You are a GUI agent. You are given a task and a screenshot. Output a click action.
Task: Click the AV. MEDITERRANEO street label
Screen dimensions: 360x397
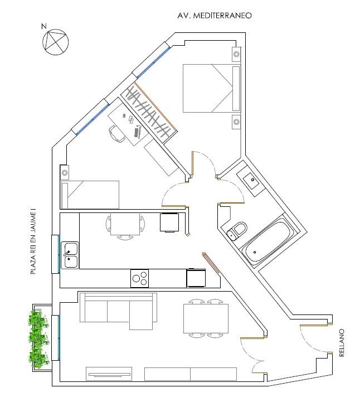click(x=215, y=16)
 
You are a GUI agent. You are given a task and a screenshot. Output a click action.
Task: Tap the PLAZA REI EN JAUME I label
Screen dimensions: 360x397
click(x=33, y=241)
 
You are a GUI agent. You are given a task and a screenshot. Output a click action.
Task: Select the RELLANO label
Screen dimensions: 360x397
click(x=342, y=343)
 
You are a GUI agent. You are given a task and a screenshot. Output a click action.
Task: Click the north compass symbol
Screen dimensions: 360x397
click(x=55, y=41)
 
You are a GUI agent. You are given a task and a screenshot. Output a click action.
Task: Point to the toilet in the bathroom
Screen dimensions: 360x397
click(x=237, y=231)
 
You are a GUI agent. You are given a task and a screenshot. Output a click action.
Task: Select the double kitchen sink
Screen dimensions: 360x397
click(x=70, y=255)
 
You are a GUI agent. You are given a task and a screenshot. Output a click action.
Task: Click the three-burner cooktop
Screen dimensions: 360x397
click(x=139, y=278)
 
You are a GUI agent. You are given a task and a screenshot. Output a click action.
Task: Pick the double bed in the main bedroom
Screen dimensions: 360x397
click(x=211, y=88)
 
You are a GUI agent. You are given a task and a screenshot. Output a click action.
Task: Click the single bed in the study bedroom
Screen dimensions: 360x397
click(x=90, y=195)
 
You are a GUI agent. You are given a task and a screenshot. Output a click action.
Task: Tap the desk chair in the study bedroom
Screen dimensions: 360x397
click(x=116, y=134)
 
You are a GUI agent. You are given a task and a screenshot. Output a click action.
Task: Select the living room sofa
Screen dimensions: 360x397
click(x=118, y=311)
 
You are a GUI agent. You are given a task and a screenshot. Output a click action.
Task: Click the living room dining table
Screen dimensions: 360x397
click(x=206, y=319)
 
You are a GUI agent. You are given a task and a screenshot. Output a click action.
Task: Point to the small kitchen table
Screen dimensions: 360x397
click(x=125, y=224)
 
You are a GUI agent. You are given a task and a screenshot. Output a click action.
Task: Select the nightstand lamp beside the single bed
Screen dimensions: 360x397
click(x=65, y=173)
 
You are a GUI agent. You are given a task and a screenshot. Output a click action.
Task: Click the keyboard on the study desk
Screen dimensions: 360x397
click(x=137, y=133)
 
